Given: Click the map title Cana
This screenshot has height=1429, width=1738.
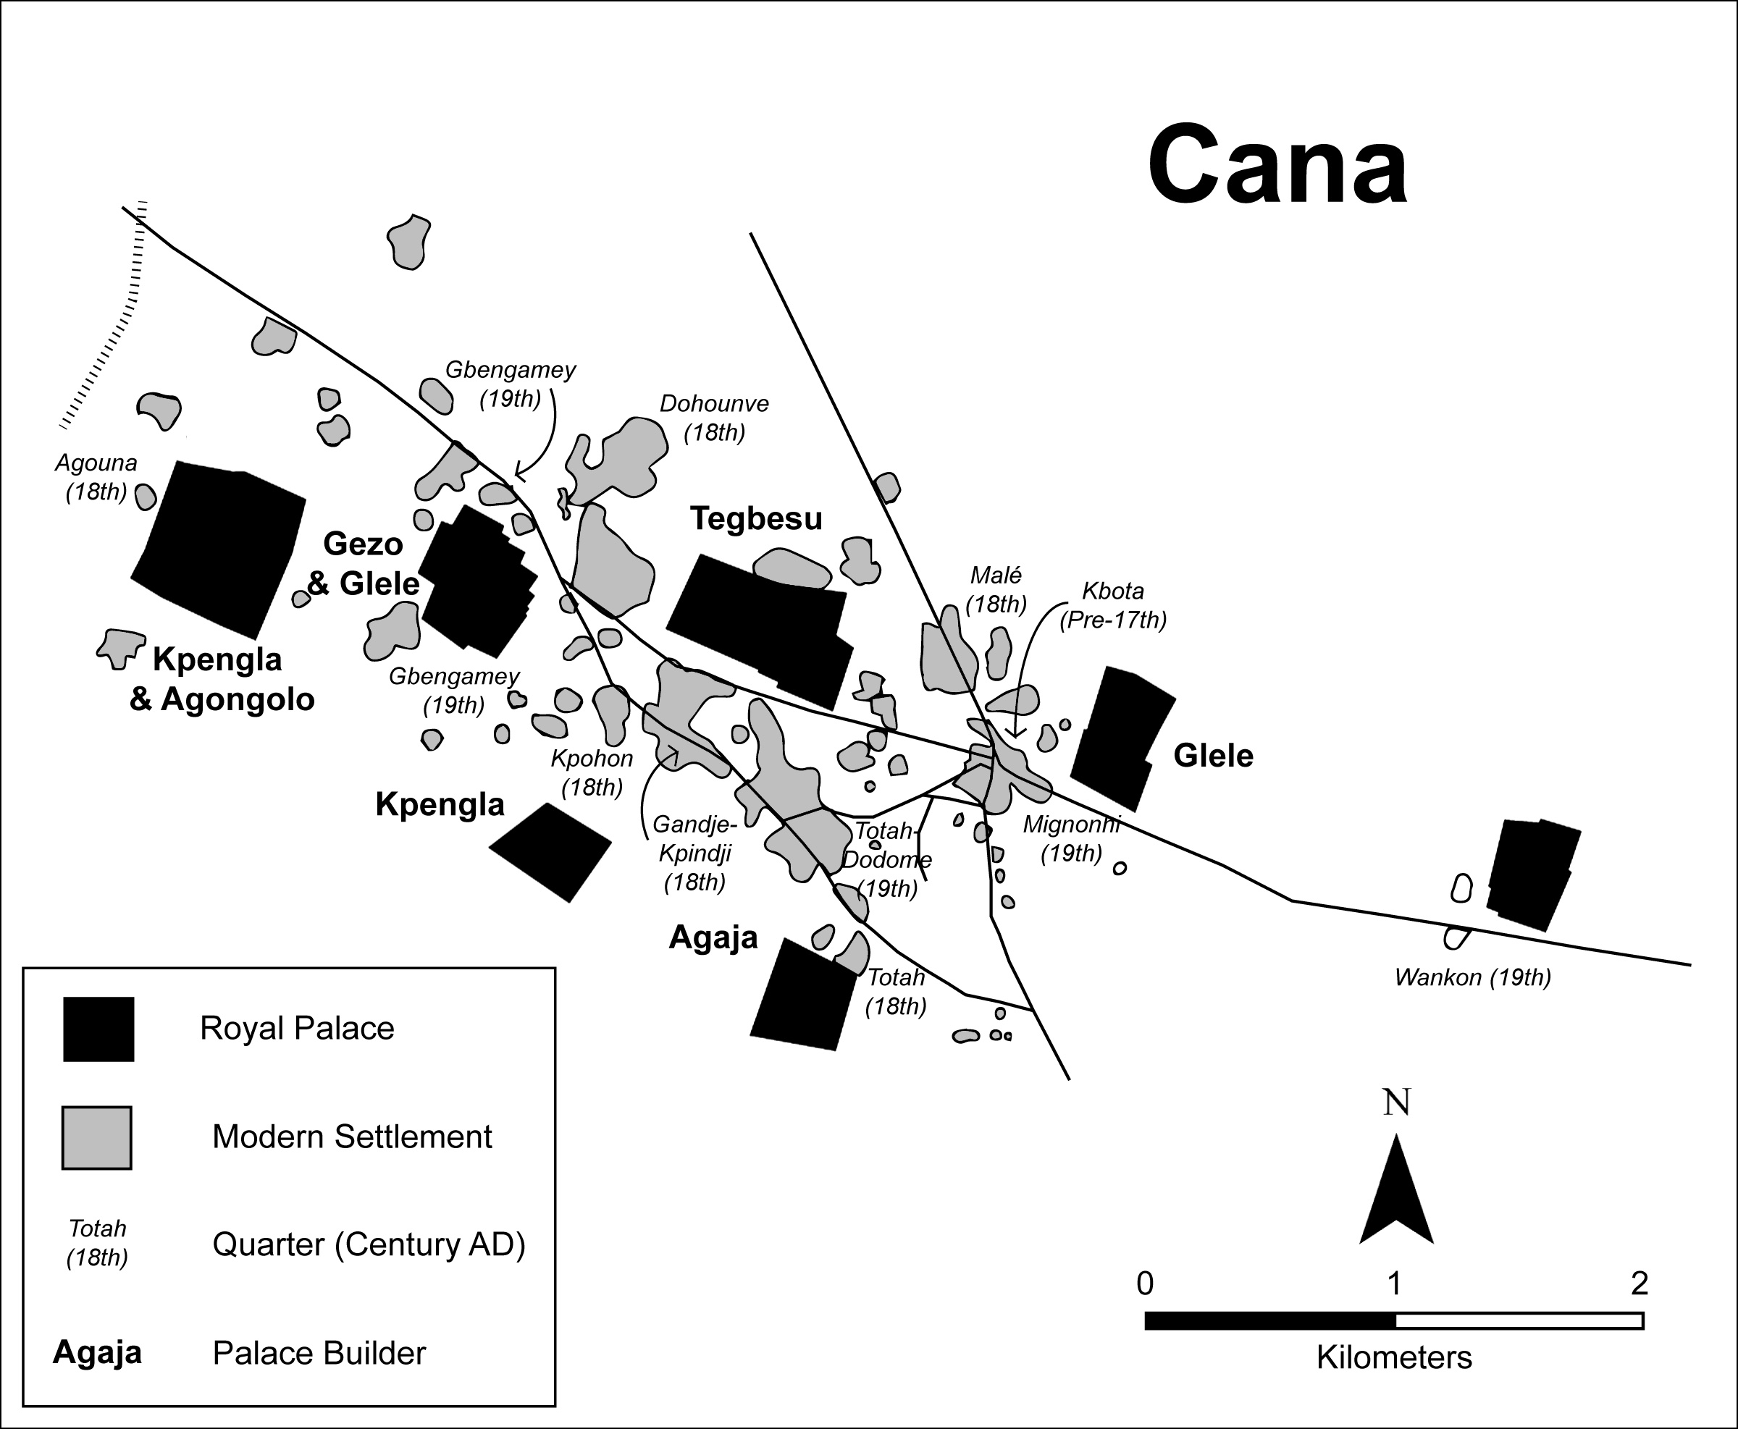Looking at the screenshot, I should tap(1277, 164).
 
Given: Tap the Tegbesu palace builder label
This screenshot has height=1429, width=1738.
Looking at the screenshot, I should tap(756, 518).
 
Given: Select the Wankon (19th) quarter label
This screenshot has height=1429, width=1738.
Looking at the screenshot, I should tap(1472, 977).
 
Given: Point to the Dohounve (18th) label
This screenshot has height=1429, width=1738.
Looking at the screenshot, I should tap(714, 418).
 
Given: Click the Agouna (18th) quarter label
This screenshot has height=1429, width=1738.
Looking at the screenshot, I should tap(96, 478).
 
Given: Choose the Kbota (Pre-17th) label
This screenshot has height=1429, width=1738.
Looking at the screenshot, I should tap(1112, 605).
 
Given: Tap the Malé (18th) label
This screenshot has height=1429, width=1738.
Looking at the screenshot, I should tap(996, 589).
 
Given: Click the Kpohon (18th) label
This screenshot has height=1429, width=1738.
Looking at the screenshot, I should tap(592, 772).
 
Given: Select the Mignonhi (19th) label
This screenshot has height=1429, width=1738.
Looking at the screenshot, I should tap(1071, 838).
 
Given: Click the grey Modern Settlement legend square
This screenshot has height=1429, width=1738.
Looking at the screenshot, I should tap(97, 1137).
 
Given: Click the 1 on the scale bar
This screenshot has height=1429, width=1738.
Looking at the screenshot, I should tap(1394, 1283).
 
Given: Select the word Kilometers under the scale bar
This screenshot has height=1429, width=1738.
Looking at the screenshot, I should tap(1394, 1357).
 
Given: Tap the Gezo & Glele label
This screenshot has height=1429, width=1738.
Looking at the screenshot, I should tap(363, 564).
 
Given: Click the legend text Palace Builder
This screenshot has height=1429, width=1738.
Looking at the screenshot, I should tap(319, 1353).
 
